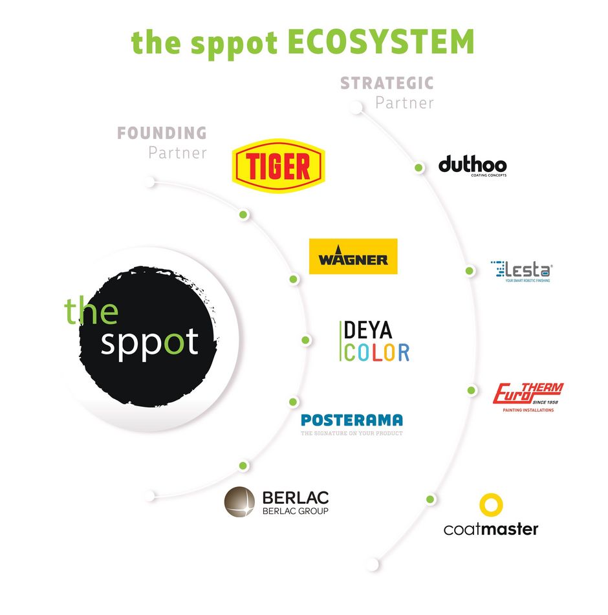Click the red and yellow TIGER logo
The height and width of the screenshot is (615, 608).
[279, 166]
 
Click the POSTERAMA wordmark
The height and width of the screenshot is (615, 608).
[351, 420]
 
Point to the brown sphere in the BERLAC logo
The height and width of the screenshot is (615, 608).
[240, 502]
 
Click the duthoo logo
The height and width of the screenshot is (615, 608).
[472, 166]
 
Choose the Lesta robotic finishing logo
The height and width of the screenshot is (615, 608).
[521, 270]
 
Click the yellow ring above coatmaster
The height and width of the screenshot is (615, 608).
[491, 505]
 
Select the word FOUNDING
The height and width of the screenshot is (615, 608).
[162, 133]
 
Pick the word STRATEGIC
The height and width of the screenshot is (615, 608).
[387, 83]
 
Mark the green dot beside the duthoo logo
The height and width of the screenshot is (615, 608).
[418, 168]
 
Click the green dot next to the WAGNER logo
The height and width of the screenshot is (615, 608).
[293, 279]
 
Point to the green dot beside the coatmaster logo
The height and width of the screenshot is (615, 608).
[430, 499]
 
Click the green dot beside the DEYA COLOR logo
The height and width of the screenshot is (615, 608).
[305, 340]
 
